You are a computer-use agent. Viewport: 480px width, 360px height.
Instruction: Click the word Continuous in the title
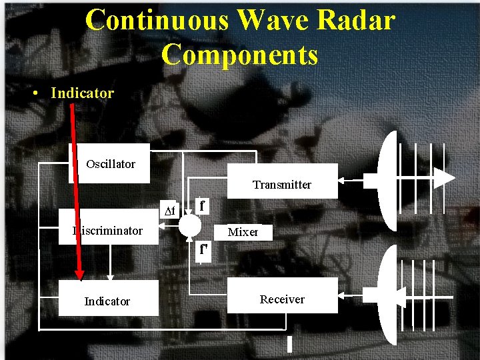[157, 20]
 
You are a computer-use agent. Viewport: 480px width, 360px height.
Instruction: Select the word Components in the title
[240, 54]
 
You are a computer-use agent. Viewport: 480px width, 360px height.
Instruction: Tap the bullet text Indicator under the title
[82, 93]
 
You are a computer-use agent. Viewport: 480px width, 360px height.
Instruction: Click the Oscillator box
[110, 164]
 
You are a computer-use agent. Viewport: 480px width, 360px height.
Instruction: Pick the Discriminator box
[109, 231]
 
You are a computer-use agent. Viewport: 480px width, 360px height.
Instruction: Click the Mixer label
[243, 232]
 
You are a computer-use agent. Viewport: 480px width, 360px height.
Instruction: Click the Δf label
[170, 211]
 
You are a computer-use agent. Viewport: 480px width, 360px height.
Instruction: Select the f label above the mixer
[202, 205]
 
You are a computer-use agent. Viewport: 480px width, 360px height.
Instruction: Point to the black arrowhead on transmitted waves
[445, 178]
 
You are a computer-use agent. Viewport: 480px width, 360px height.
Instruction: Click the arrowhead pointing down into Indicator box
[111, 275]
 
